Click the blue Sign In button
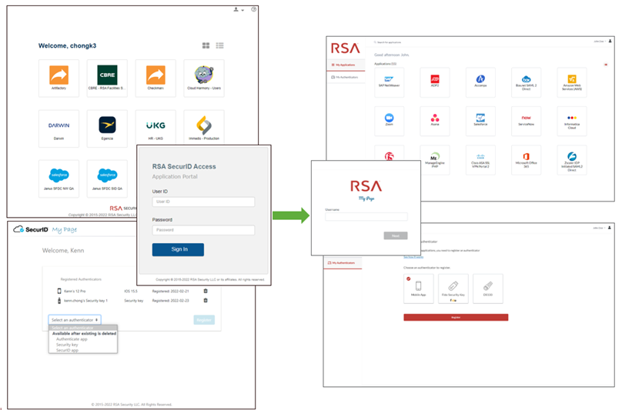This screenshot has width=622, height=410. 178,249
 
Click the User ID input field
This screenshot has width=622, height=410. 203,202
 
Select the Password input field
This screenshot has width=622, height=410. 203,230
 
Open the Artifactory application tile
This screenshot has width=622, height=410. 59,79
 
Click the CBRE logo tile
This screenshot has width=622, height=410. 107,79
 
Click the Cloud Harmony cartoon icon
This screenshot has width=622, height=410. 204,79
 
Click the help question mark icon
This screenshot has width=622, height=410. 253,9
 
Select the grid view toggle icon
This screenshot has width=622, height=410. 206,46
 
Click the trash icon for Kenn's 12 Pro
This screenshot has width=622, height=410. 206,290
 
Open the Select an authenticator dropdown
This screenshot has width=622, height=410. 75,319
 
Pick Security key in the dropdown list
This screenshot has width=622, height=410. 67,345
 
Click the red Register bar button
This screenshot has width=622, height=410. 456,317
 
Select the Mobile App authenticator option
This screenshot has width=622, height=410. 419,288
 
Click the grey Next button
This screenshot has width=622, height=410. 395,235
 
